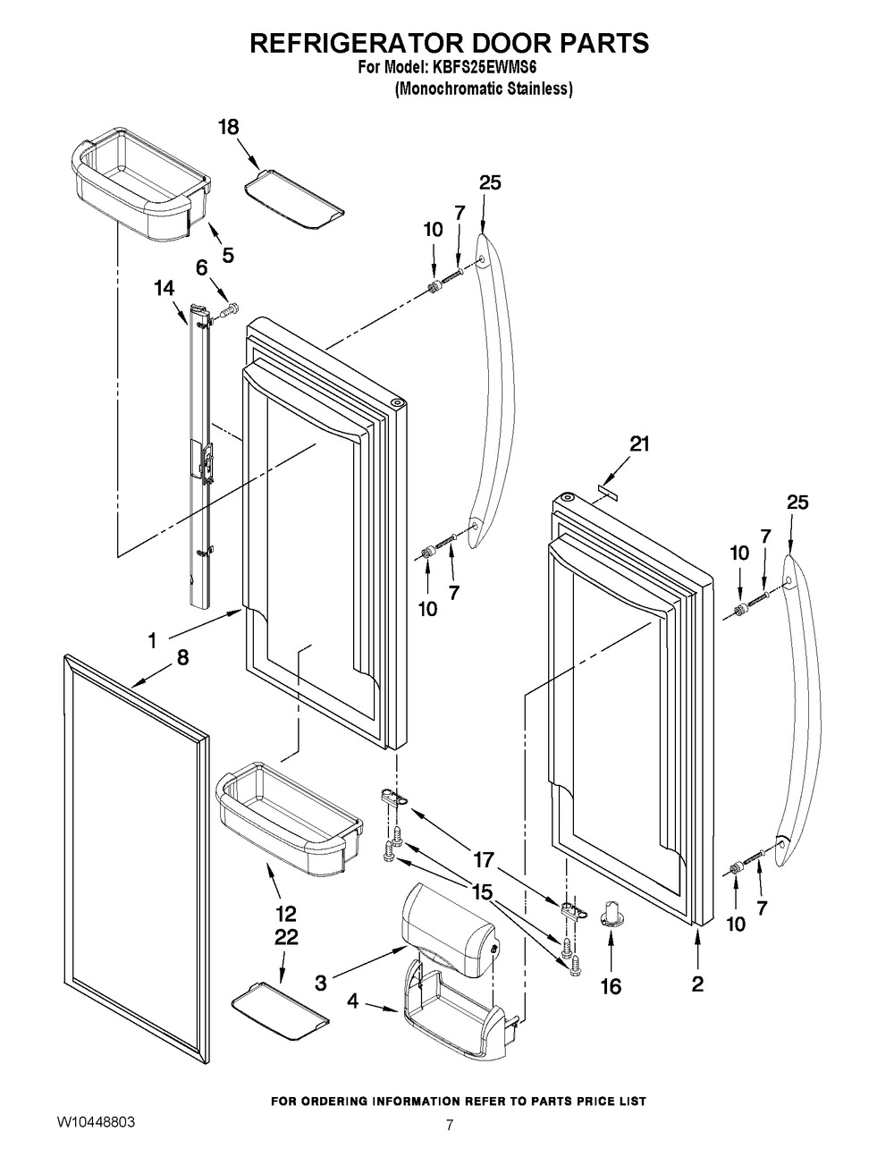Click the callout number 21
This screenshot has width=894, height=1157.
pyautogui.click(x=639, y=443)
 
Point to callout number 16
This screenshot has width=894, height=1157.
pyautogui.click(x=611, y=986)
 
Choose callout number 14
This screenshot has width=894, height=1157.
pyautogui.click(x=164, y=288)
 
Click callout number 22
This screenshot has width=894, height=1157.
pyautogui.click(x=286, y=937)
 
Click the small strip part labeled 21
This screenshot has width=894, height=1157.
pyautogui.click(x=607, y=489)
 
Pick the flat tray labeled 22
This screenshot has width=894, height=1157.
pyautogui.click(x=279, y=1012)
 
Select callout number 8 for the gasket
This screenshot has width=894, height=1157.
pyautogui.click(x=182, y=657)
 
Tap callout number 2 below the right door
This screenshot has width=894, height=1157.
pyautogui.click(x=697, y=984)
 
